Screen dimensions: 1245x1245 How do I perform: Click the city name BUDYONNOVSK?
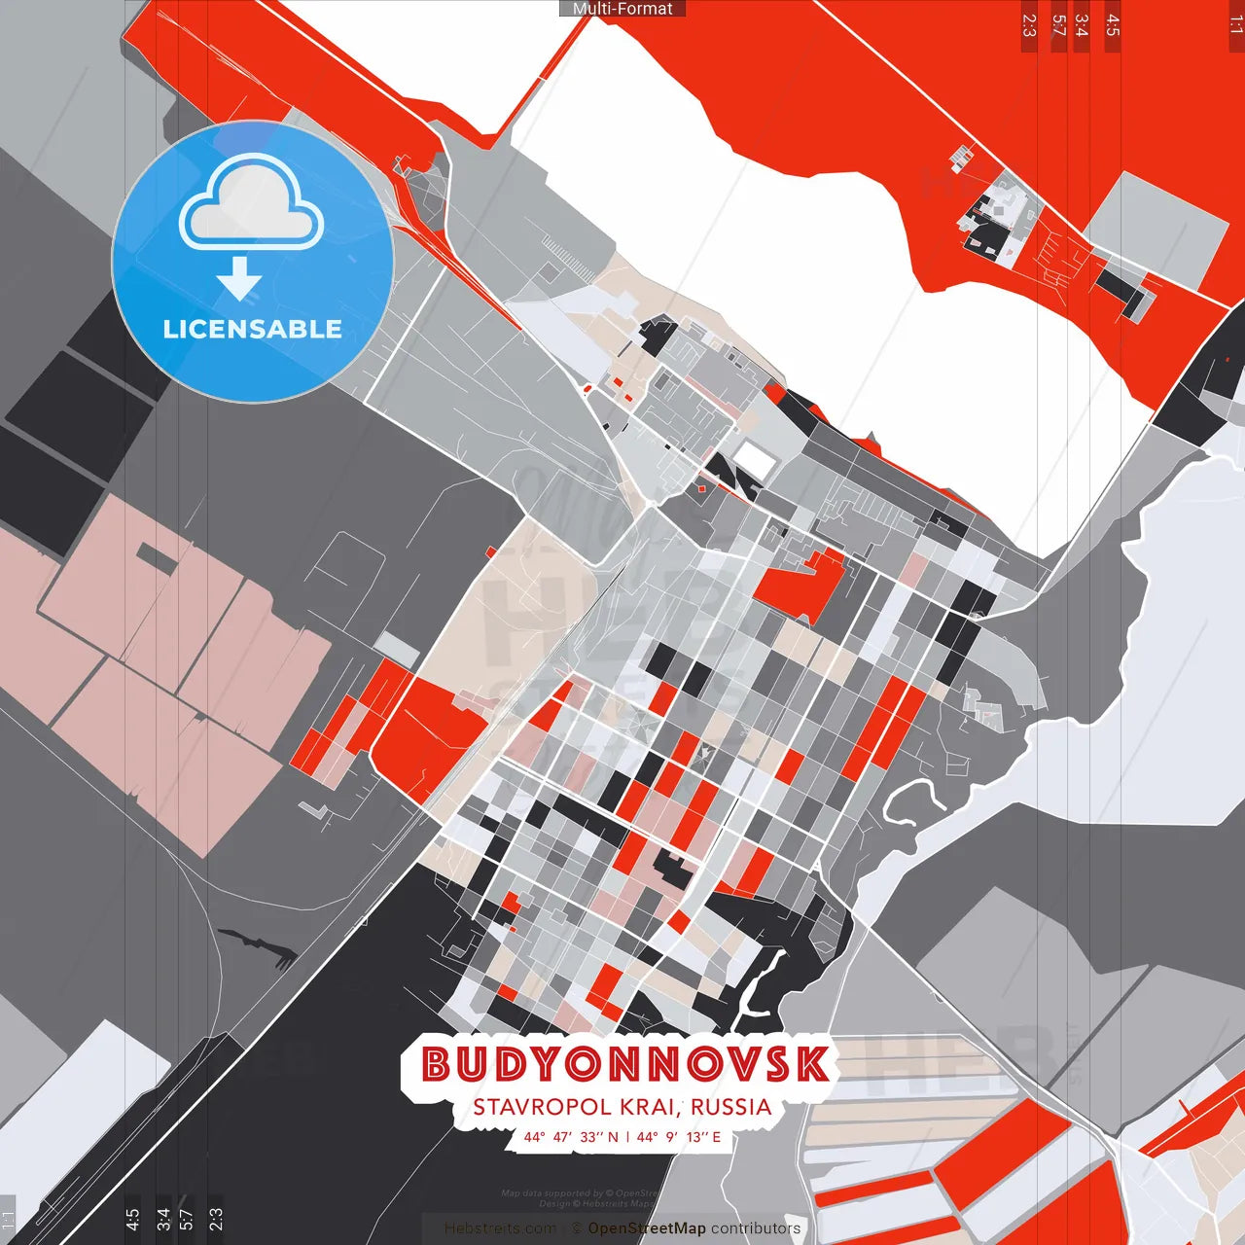pos(625,1064)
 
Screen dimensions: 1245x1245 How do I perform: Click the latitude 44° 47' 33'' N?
pos(571,1137)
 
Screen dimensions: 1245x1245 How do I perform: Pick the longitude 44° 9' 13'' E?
pos(679,1137)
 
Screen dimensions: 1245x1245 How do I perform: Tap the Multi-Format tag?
pos(622,9)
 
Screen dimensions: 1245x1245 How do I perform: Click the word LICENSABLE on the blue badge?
pos(253,329)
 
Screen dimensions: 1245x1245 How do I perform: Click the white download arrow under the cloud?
pos(239,278)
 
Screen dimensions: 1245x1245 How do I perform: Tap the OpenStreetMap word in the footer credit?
pos(647,1228)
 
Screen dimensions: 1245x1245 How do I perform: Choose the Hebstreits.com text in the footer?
pos(500,1228)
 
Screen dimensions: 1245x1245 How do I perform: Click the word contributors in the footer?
pos(756,1228)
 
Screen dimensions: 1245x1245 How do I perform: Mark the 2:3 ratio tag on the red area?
pos(1029,25)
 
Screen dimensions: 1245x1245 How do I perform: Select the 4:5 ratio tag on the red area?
pos(1113,25)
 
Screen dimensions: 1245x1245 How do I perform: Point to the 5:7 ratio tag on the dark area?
pos(186,1219)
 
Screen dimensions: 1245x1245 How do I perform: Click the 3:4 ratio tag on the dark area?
pos(163,1219)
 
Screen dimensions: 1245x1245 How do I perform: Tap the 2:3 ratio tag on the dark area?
pos(216,1219)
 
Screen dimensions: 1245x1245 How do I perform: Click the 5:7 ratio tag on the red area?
pos(1058,25)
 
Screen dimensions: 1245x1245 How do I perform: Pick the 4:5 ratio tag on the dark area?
pos(132,1219)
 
